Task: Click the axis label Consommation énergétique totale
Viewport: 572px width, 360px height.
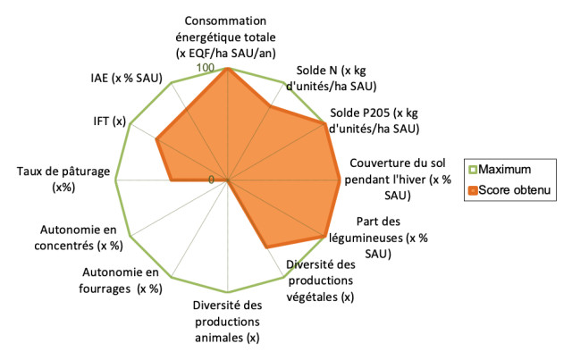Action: [231, 38]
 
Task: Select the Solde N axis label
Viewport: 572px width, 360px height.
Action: [335, 78]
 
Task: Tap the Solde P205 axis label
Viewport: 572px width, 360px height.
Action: [374, 121]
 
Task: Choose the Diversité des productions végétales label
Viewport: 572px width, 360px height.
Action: [321, 280]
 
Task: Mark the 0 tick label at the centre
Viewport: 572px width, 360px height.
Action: [211, 179]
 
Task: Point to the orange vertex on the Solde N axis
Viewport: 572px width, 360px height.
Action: [270, 106]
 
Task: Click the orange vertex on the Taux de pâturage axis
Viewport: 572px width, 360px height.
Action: [171, 180]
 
